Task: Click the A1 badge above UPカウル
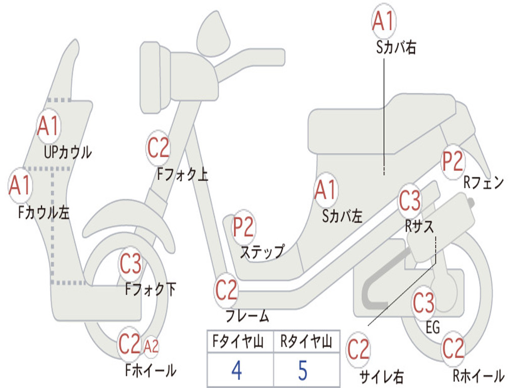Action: click(x=48, y=127)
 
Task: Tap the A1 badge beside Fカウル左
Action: click(x=20, y=186)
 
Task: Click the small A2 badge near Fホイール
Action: click(x=151, y=346)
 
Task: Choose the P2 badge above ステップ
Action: click(x=244, y=227)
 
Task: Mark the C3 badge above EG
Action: click(x=424, y=303)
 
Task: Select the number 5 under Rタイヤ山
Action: click(x=303, y=370)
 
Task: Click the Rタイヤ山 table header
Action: click(x=306, y=343)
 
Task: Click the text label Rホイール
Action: click(x=478, y=376)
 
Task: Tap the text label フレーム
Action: click(x=247, y=317)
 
